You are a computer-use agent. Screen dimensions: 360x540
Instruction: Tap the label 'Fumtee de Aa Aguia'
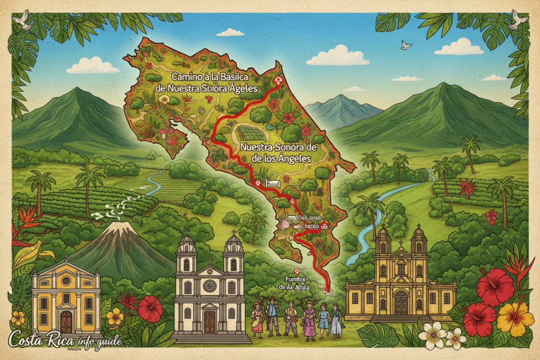click(295, 284)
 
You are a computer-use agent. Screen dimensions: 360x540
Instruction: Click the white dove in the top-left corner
click(23, 20)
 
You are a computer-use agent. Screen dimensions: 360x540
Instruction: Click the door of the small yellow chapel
click(66, 322)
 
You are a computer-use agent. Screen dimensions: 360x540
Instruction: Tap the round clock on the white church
click(209, 286)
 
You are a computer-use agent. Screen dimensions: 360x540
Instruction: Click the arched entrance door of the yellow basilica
click(401, 303)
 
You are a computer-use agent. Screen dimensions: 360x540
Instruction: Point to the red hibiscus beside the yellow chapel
click(150, 308)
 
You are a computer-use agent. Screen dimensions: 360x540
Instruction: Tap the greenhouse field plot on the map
click(252, 133)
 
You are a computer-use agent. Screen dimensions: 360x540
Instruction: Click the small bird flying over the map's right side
click(406, 45)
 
